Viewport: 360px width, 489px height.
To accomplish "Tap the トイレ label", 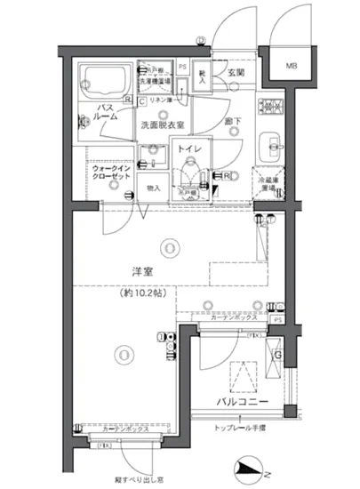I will [x=187, y=150].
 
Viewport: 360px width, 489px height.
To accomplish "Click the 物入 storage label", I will [x=152, y=188].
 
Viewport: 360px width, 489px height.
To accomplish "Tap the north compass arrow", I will [x=252, y=468].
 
